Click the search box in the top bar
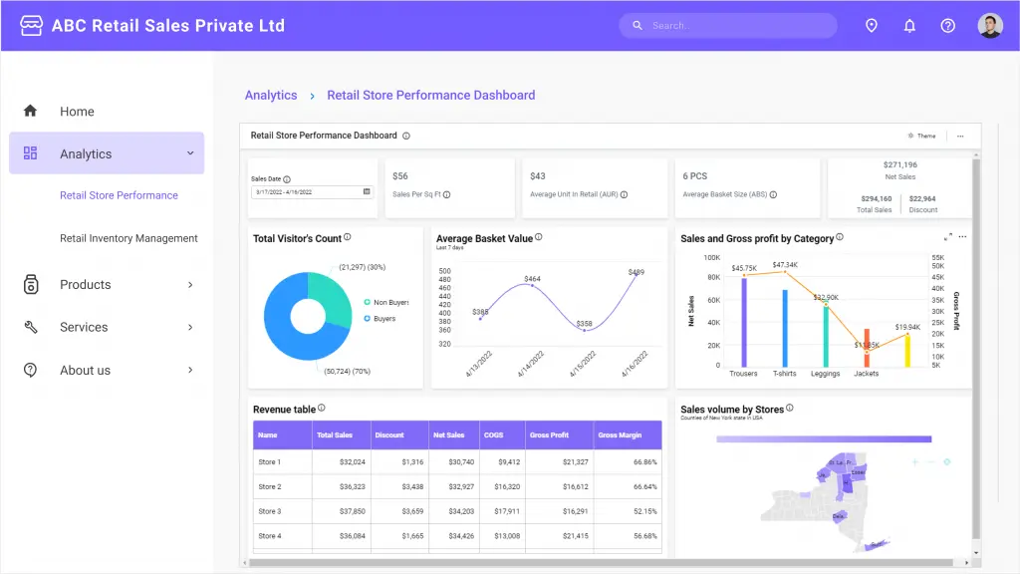pyautogui.click(x=732, y=26)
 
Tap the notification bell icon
pyautogui.click(x=909, y=26)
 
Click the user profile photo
pyautogui.click(x=989, y=26)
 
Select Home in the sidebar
pyautogui.click(x=77, y=112)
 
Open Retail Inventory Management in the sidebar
pyautogui.click(x=128, y=238)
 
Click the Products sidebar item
pyautogui.click(x=86, y=285)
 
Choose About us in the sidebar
pyautogui.click(x=85, y=371)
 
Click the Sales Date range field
pyautogui.click(x=311, y=191)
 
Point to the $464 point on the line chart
pyautogui.click(x=532, y=286)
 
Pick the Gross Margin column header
pyautogui.click(x=621, y=435)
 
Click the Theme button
pyautogui.click(x=922, y=136)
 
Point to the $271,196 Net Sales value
pyautogui.click(x=899, y=165)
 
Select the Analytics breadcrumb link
pyautogui.click(x=271, y=96)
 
